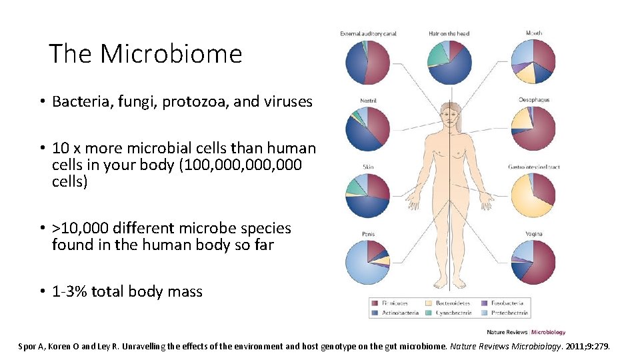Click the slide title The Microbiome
[x=145, y=54]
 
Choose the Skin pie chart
[x=367, y=195]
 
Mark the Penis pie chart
[x=367, y=262]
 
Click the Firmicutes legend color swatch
[x=375, y=303]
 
